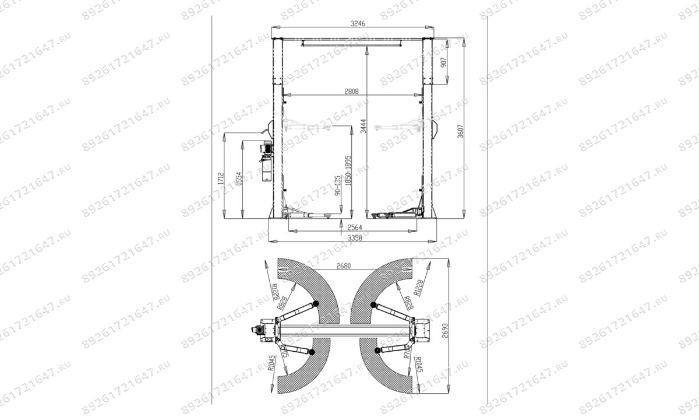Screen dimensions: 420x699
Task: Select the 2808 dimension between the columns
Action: click(x=352, y=91)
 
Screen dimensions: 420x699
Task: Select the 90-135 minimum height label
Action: click(x=337, y=187)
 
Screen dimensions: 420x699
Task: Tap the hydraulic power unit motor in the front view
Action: click(x=265, y=149)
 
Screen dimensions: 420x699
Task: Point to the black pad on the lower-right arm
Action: click(x=377, y=350)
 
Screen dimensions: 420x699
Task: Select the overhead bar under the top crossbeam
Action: click(x=351, y=42)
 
